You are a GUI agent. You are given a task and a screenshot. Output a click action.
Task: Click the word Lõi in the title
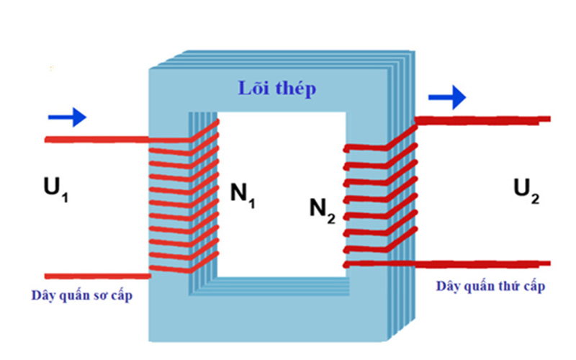click(253, 89)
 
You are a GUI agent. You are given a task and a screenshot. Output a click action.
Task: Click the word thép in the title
click(294, 90)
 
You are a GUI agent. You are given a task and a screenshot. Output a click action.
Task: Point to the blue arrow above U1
click(68, 117)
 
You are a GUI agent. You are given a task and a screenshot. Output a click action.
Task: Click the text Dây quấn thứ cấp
click(490, 286)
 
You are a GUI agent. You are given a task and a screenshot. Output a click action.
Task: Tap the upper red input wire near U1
click(94, 139)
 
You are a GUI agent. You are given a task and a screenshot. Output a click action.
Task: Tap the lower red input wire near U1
click(94, 275)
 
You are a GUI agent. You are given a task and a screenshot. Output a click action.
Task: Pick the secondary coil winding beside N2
click(380, 198)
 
